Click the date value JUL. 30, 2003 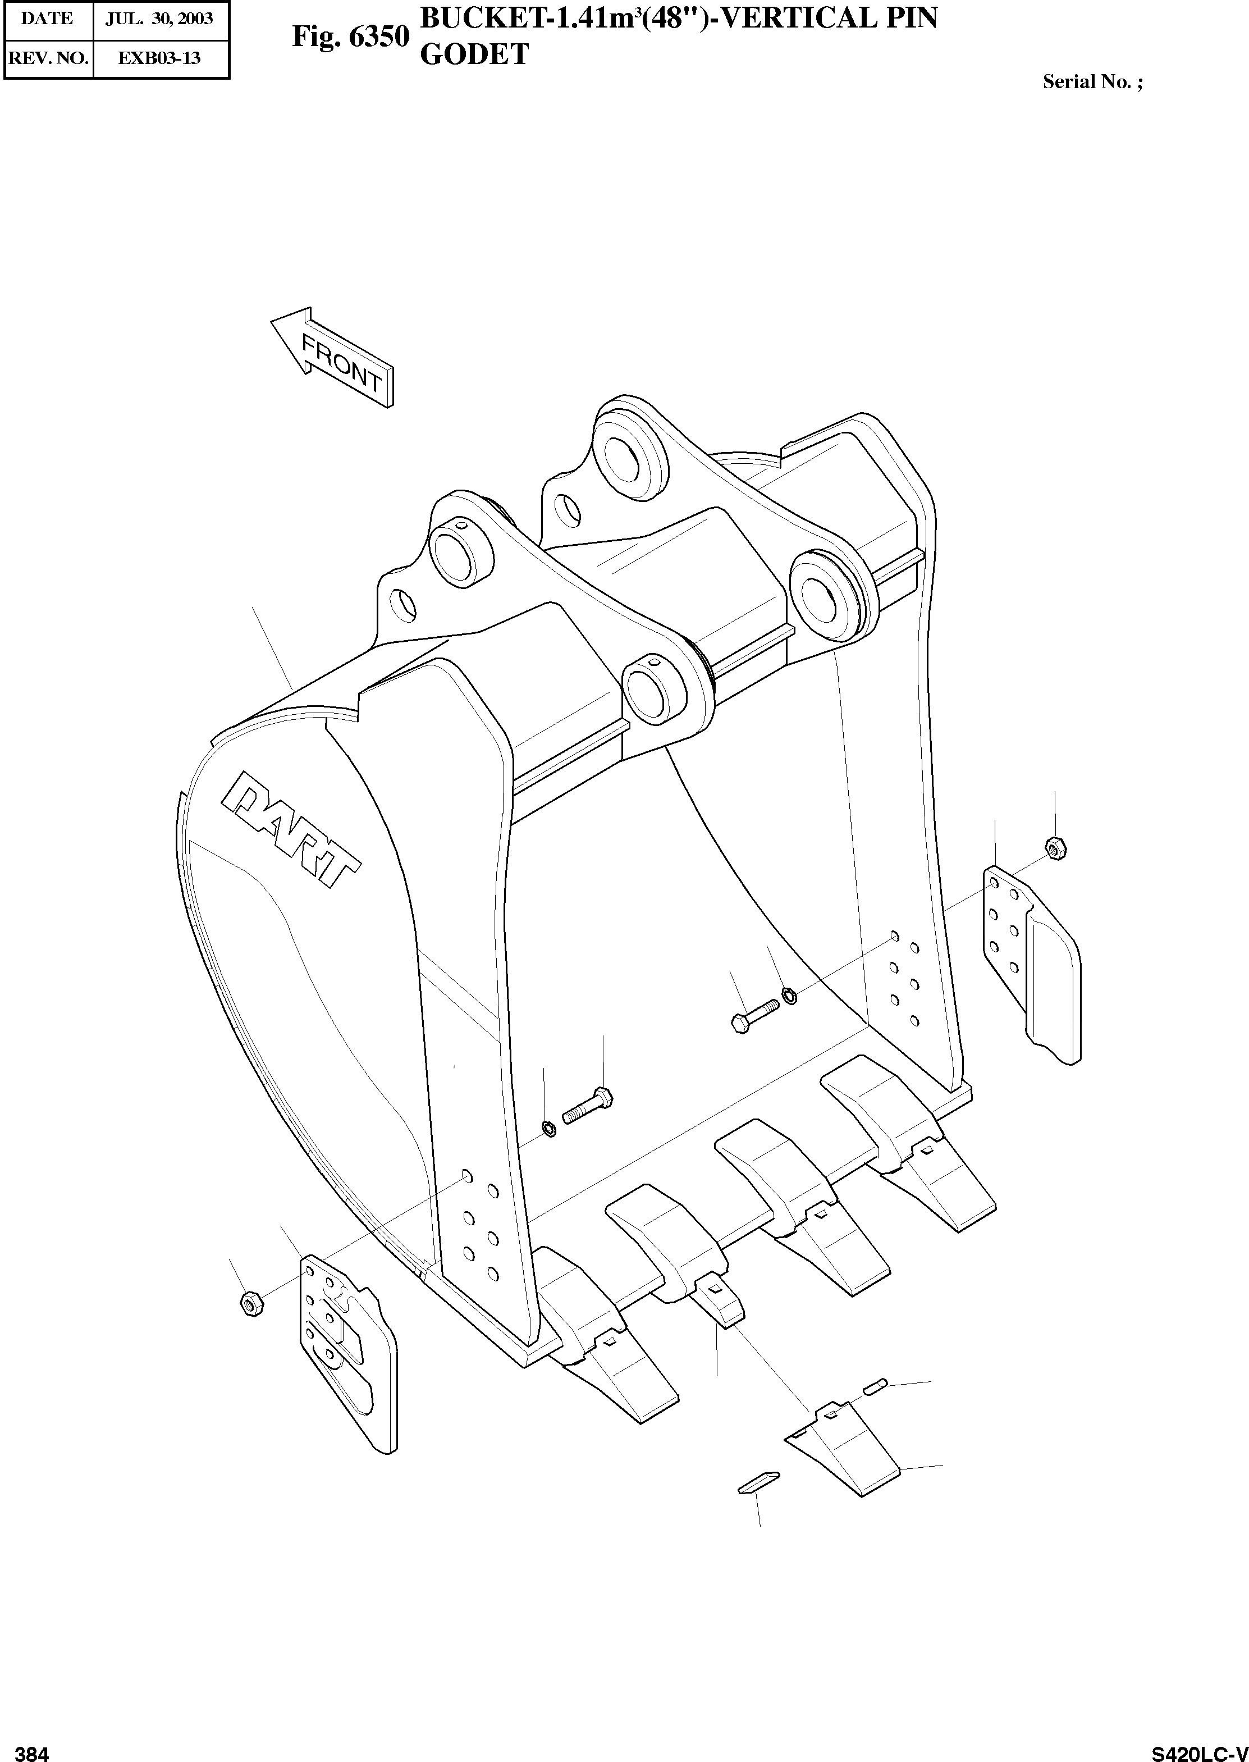(159, 19)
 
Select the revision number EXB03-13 (159, 58)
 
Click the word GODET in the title (474, 54)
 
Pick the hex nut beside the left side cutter (252, 1302)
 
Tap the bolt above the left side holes (589, 1105)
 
